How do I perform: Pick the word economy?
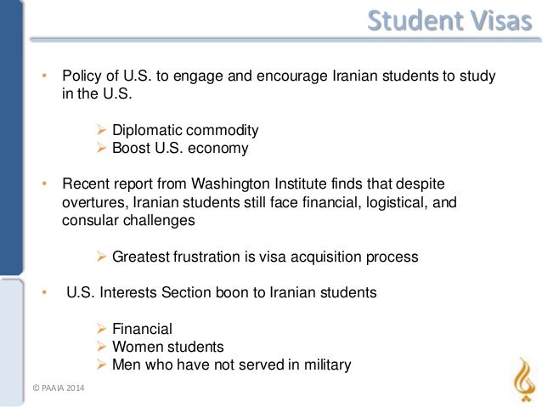(x=220, y=149)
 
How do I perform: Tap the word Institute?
(x=288, y=184)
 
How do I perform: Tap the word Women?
(x=138, y=347)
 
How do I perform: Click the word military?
(x=323, y=365)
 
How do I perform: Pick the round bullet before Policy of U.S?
(x=47, y=76)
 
